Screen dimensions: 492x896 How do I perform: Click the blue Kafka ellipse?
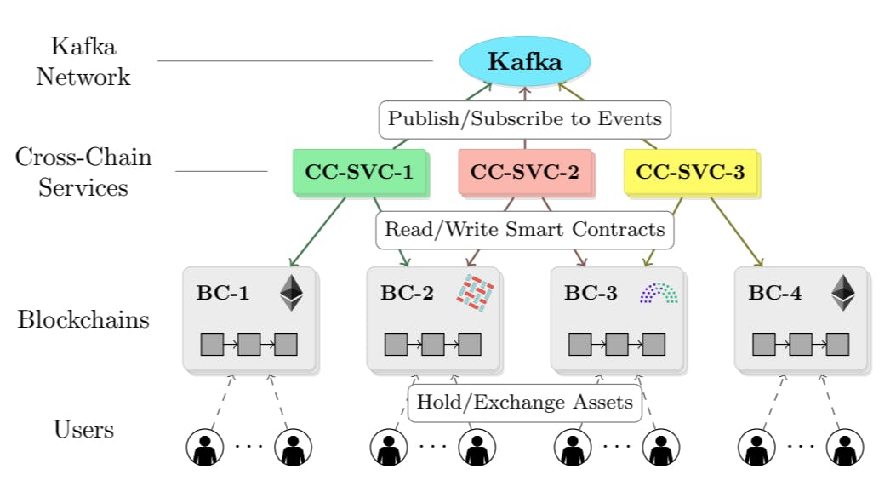pyautogui.click(x=524, y=62)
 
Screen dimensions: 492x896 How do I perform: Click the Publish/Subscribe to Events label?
pyautogui.click(x=524, y=119)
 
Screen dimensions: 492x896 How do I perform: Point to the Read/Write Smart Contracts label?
pyautogui.click(x=524, y=230)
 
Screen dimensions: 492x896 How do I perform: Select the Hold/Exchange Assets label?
pyautogui.click(x=524, y=403)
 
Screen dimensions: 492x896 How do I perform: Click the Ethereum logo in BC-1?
pyautogui.click(x=291, y=293)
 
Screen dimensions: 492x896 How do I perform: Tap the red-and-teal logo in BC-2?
pyautogui.click(x=478, y=294)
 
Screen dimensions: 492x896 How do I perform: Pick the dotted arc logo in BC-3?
pyautogui.click(x=659, y=294)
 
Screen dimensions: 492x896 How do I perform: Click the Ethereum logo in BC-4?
pyautogui.click(x=842, y=293)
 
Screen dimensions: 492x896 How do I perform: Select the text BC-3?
pyautogui.click(x=591, y=295)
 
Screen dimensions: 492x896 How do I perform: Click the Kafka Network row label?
pyautogui.click(x=83, y=61)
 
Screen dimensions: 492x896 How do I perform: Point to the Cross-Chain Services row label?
pyautogui.click(x=83, y=172)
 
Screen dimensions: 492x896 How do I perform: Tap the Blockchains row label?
pyautogui.click(x=83, y=320)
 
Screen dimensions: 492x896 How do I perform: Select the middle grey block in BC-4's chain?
pyautogui.click(x=801, y=344)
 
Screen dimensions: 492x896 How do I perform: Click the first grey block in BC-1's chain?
pyautogui.click(x=212, y=344)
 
